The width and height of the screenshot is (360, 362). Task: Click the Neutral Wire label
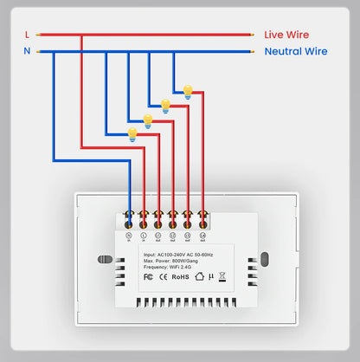tap(296, 52)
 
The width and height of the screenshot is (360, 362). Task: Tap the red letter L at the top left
tap(27, 35)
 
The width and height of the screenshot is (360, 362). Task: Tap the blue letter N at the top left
tap(27, 51)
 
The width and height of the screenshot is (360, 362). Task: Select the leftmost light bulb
tap(132, 133)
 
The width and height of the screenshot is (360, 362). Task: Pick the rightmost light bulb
tap(187, 90)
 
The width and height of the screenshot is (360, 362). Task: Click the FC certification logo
tap(148, 279)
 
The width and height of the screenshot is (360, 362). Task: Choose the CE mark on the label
tap(163, 279)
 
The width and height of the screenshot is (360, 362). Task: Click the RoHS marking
tap(180, 279)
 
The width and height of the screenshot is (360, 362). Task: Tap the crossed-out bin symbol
tap(222, 278)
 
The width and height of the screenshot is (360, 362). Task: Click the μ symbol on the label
tap(210, 279)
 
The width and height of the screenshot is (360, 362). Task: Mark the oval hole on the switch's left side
tap(104, 260)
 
